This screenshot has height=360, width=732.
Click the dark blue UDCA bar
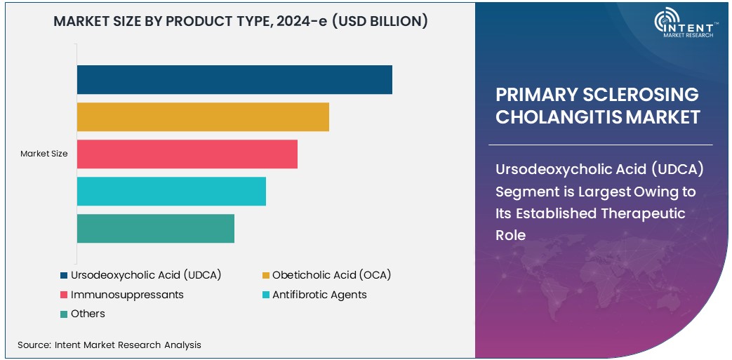234,79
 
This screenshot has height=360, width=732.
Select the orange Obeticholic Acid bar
203,116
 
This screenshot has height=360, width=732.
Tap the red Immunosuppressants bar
187,154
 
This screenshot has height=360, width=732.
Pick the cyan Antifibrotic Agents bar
171,191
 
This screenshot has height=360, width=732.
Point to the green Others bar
155,228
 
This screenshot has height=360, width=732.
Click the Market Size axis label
44,154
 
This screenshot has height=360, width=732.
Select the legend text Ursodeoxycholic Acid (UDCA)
146,275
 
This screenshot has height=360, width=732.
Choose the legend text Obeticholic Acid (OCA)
331,275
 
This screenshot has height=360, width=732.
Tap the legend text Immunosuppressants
127,295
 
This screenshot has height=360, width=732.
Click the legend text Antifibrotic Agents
319,295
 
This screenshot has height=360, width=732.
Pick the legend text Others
88,314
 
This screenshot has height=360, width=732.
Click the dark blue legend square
64,275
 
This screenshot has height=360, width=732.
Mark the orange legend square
266,275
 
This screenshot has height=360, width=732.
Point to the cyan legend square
266,295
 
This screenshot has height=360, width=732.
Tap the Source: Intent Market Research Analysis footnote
109,345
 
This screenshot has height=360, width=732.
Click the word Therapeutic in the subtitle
641,213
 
